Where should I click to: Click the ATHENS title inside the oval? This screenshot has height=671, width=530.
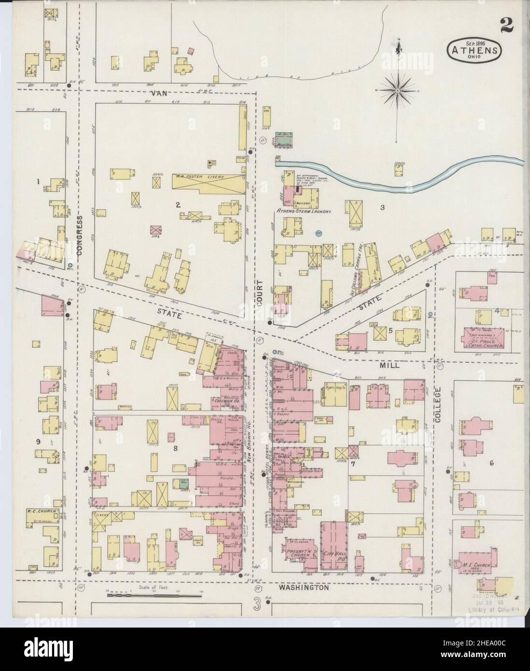click(x=475, y=48)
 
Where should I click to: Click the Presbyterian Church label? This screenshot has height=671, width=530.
click(x=301, y=551)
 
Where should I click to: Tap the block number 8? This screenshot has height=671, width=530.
click(x=175, y=448)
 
